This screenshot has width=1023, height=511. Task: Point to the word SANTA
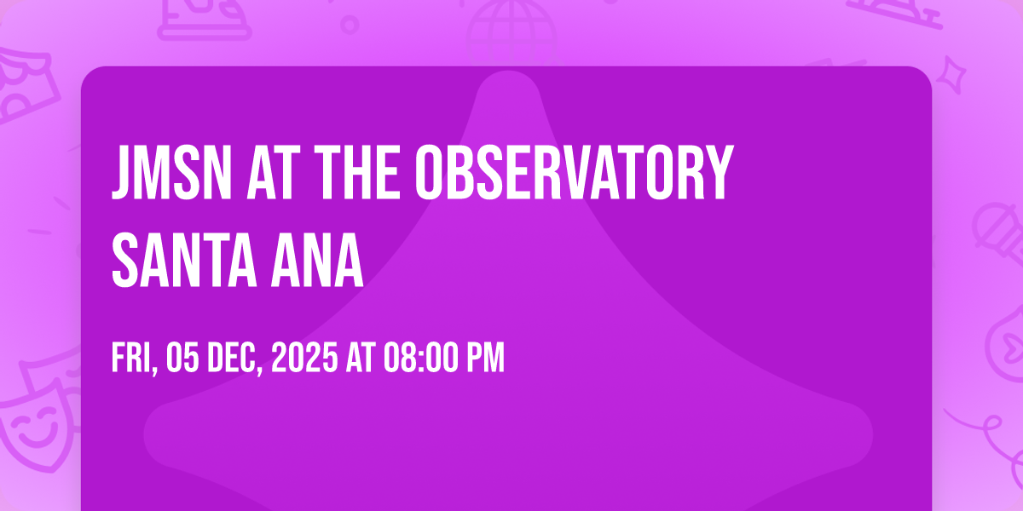coord(184,260)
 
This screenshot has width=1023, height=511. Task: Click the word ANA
coord(317,260)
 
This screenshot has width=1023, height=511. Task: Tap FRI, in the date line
coord(135,359)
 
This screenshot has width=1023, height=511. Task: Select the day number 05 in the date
coord(182,358)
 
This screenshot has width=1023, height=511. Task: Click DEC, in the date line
coord(235,359)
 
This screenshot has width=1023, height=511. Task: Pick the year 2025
coord(304,358)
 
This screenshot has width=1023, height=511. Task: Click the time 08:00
coord(420,358)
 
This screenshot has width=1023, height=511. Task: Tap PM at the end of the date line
coord(485,358)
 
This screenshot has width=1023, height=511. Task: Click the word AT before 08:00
coord(361,358)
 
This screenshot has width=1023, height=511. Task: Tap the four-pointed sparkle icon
coord(951,75)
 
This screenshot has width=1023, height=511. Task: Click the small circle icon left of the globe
coord(350,25)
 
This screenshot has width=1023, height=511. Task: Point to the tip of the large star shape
coord(508,72)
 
